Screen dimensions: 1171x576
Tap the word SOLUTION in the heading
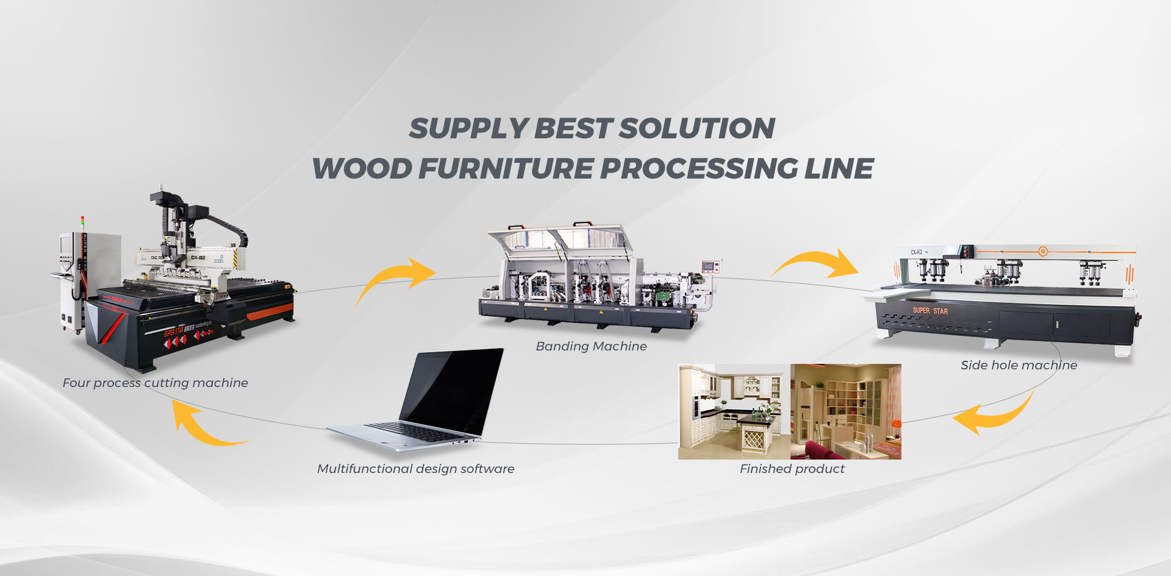point(697,129)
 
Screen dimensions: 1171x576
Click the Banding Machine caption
point(591,346)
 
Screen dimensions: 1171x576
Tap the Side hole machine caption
point(1019,365)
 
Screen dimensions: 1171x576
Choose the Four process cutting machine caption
point(155,383)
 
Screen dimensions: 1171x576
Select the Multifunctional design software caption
point(415,469)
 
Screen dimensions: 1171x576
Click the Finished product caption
point(792,469)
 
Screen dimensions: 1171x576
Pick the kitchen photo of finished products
point(734,411)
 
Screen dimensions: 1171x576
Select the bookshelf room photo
point(846,411)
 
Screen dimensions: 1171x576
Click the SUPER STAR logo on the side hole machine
point(930,310)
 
